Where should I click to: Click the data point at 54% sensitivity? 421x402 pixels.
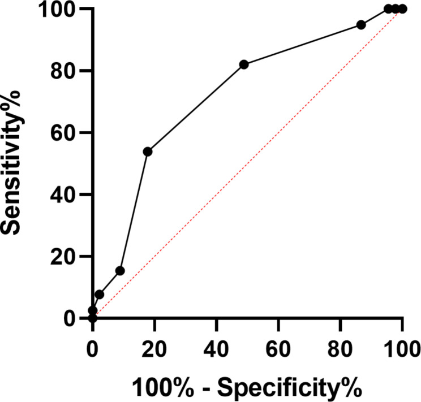[x=148, y=152]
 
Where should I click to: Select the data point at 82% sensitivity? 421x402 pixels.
[x=244, y=64]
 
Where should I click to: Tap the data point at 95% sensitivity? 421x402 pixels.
[x=361, y=25]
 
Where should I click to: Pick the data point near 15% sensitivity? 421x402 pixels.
[x=120, y=271]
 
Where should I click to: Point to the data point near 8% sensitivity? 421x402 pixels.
[x=99, y=295]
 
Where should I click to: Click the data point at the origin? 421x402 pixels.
[x=92, y=318]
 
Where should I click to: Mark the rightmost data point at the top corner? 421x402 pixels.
[x=402, y=9]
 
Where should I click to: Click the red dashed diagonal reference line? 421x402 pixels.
[x=247, y=164]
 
